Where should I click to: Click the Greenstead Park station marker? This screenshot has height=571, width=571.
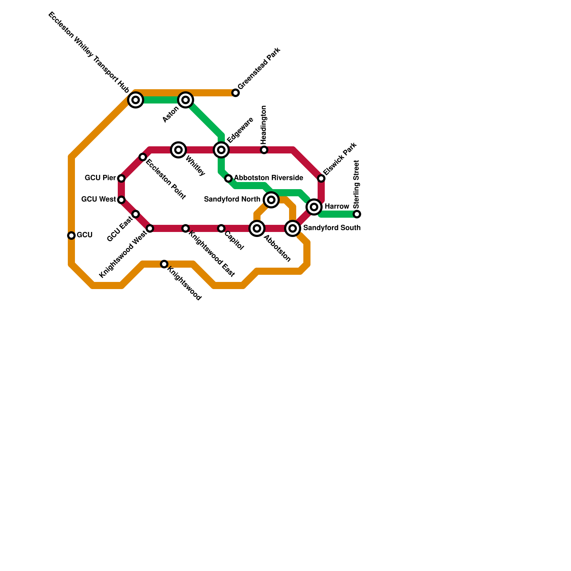236,93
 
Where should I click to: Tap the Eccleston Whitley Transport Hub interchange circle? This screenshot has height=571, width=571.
136,100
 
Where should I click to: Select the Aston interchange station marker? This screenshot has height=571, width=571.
186,100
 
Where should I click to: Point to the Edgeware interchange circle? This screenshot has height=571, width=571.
221,150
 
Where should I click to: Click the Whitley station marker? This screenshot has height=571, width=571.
178,150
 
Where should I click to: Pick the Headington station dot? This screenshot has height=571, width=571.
264,150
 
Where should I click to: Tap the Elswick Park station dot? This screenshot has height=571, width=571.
321,178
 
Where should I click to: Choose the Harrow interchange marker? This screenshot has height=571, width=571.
314,207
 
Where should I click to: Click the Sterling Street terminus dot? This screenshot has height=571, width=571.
357,214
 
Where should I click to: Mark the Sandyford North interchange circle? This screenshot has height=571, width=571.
271,200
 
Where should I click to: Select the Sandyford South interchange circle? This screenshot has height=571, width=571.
293,228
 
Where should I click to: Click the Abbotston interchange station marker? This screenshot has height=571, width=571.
257,228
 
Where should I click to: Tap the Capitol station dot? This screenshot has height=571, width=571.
221,228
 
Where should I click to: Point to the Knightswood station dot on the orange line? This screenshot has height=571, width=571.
164,264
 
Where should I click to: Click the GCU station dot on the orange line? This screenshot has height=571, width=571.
71,236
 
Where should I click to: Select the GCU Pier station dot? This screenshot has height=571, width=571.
121,178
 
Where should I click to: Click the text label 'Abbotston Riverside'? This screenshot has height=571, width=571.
268,178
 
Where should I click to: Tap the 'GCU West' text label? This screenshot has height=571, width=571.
98,199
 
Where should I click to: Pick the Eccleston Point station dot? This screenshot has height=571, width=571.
143,157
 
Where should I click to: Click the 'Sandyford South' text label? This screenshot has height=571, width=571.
332,228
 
